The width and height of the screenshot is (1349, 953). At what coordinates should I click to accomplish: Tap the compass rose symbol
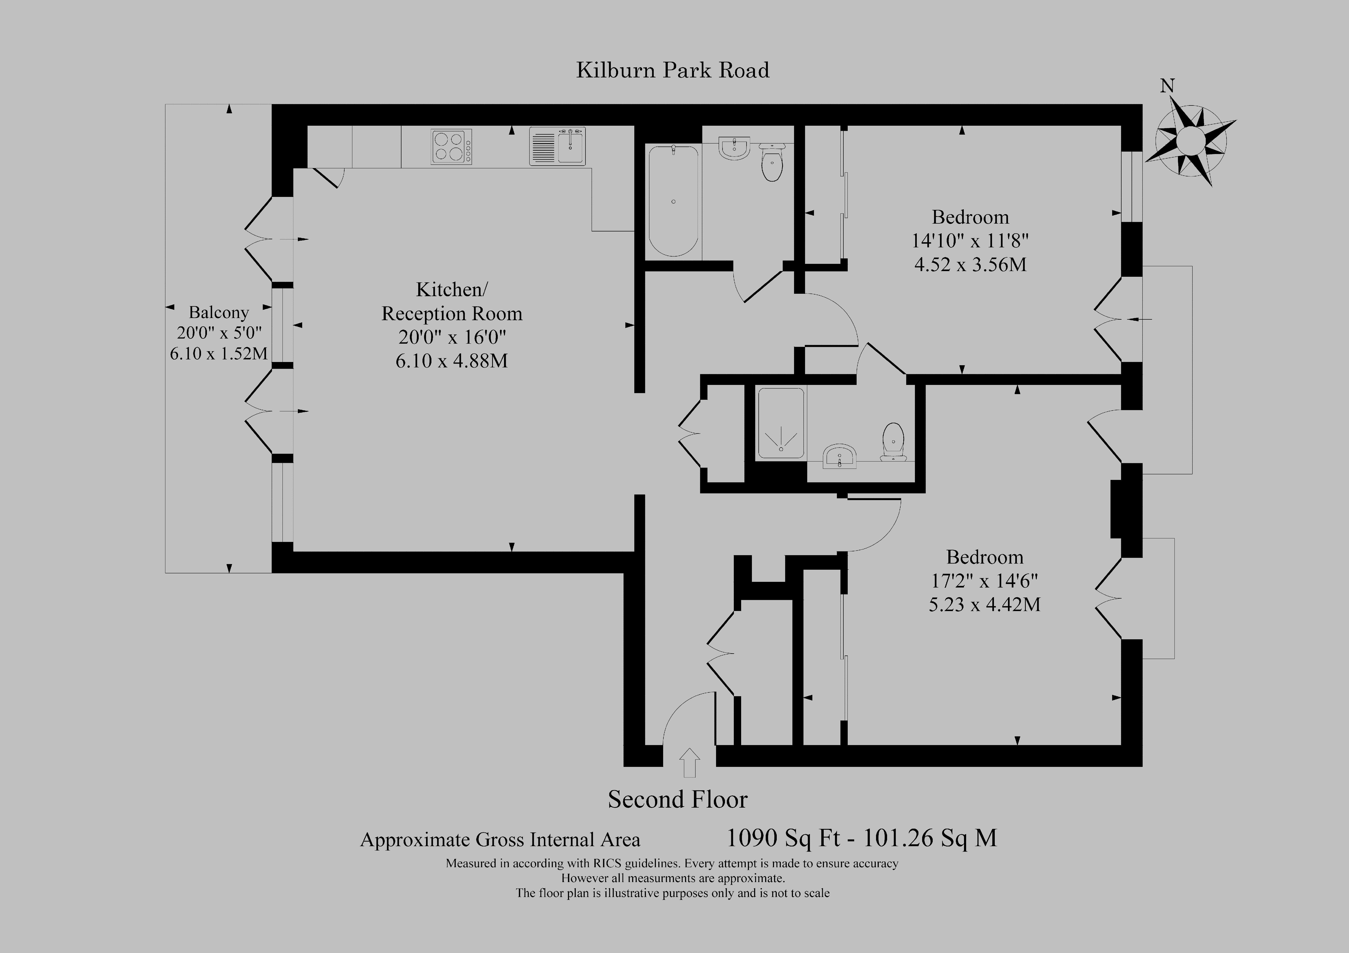1190,141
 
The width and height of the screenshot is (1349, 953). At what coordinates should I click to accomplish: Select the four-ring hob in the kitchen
451,146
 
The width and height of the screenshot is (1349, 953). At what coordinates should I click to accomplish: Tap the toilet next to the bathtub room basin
771,162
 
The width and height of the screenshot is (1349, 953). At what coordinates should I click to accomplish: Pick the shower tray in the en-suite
781,423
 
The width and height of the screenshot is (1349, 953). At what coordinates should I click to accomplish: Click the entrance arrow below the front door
689,763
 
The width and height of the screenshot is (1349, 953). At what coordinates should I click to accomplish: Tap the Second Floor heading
677,800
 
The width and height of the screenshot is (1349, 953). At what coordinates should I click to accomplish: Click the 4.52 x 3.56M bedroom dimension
970,264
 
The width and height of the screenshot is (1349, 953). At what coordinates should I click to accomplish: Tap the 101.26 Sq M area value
929,838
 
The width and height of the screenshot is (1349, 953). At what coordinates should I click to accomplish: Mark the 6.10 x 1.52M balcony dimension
219,354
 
